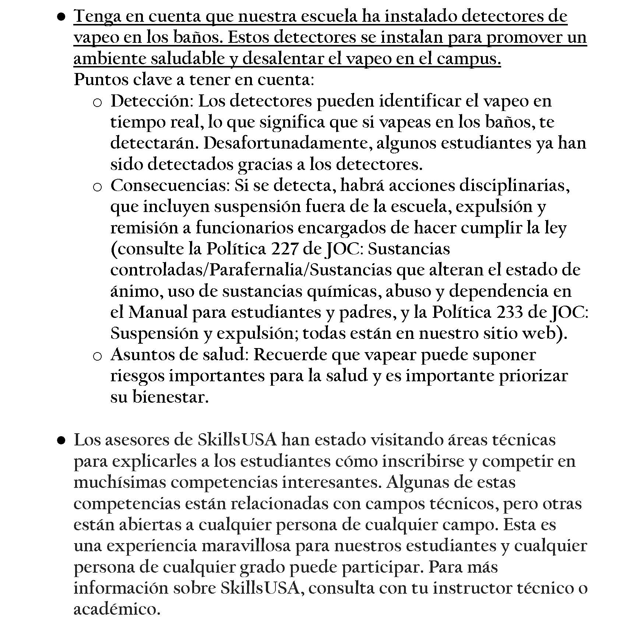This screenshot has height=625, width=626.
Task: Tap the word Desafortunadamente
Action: click(x=286, y=143)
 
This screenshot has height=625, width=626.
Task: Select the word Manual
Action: click(x=158, y=312)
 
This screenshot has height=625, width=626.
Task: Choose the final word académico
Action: click(x=117, y=609)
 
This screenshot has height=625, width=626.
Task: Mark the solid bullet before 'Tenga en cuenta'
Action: click(x=61, y=17)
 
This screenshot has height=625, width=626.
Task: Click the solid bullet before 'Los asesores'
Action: click(x=61, y=440)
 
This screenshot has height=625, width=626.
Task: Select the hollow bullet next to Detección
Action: click(x=97, y=103)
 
